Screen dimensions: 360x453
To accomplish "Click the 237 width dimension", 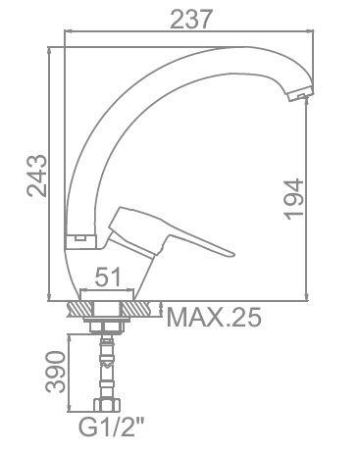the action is (x=191, y=19).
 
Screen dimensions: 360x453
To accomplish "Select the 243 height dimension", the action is (x=36, y=176).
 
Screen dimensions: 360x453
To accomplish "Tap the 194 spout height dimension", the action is (x=293, y=199).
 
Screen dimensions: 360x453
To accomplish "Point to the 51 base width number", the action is (x=108, y=277).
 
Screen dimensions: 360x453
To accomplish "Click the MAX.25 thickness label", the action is (x=214, y=317).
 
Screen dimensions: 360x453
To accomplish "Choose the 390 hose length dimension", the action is (x=56, y=372).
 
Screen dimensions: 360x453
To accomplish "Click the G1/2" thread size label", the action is (x=111, y=427).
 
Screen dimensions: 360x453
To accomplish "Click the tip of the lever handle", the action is (x=232, y=254).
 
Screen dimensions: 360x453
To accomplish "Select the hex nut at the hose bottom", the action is (x=107, y=405).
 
